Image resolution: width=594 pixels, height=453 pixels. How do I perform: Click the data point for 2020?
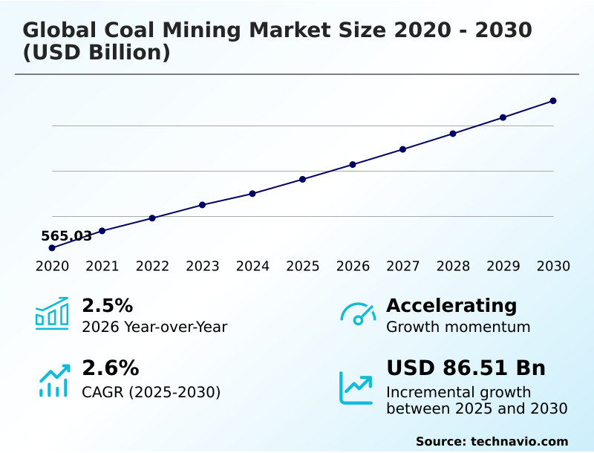click(52, 247)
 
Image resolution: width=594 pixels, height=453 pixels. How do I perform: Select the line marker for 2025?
click(303, 179)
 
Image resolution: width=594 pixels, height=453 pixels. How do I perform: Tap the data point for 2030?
click(553, 101)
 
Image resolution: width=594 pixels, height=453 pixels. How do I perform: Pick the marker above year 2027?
click(403, 149)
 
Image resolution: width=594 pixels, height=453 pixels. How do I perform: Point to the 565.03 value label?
click(66, 236)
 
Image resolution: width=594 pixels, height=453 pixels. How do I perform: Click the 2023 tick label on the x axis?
click(202, 267)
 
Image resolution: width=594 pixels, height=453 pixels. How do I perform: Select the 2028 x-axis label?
click(453, 267)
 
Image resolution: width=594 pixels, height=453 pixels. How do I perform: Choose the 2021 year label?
click(102, 267)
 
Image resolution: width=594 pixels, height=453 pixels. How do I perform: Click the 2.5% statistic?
click(107, 306)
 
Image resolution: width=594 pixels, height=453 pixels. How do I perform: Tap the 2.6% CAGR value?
click(110, 368)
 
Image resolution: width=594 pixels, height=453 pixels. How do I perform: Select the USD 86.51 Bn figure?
click(466, 368)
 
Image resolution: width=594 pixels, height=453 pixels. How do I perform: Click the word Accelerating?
click(451, 306)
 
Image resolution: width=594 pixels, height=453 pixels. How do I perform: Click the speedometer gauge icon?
click(358, 314)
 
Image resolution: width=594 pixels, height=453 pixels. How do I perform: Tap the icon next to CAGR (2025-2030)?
click(53, 380)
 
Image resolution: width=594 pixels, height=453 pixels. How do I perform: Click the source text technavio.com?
click(519, 441)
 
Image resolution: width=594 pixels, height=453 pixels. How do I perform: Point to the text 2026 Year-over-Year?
click(154, 327)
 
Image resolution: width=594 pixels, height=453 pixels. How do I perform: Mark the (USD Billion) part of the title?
click(97, 53)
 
